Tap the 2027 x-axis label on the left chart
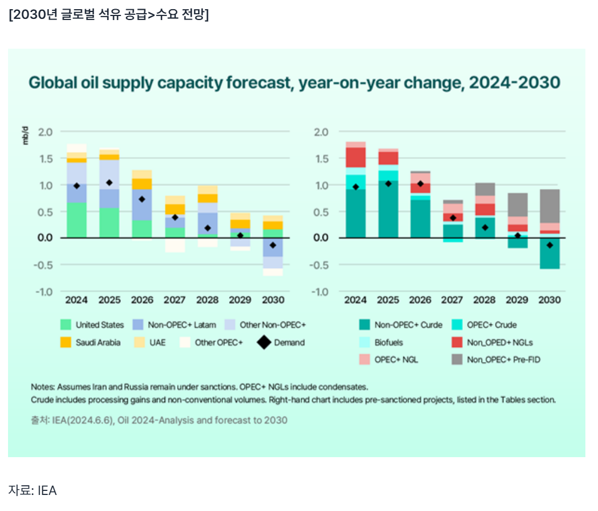175,300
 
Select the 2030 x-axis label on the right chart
549,300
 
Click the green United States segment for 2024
76,220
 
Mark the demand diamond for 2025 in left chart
109,183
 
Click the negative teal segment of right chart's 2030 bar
549,253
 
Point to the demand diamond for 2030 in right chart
549,245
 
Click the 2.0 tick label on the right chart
322,132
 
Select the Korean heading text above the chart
109,15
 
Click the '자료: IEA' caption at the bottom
33,490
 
